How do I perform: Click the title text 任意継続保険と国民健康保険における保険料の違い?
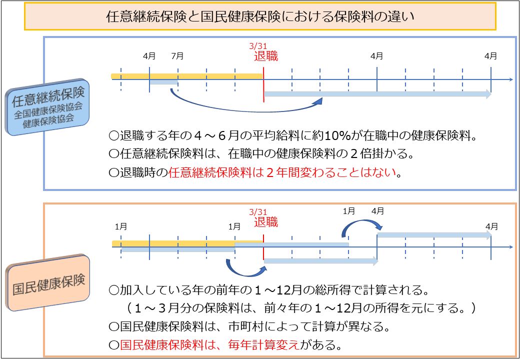260,16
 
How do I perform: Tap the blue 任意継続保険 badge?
47,107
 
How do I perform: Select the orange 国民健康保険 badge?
48,283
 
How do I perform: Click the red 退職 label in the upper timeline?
265,56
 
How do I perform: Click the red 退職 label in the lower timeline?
265,222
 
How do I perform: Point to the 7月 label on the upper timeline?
177,56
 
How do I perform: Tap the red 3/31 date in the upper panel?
258,46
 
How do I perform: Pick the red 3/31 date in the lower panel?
258,212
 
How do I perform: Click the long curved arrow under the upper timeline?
245,110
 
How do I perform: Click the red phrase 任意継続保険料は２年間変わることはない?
282,172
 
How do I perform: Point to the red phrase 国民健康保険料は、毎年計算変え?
209,345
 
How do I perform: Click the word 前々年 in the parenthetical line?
282,308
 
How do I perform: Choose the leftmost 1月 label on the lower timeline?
121,226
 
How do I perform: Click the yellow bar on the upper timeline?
187,76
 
